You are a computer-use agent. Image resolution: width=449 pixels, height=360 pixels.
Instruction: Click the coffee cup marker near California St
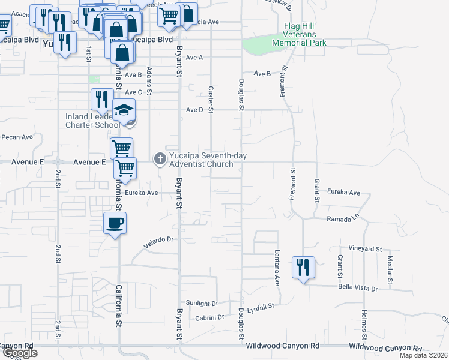[x=115, y=224]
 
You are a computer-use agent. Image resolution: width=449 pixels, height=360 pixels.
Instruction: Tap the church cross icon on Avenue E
[x=160, y=158]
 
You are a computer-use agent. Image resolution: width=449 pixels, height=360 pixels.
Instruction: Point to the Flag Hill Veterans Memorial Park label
[x=299, y=35]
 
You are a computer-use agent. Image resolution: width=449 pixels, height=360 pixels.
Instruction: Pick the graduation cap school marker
[x=125, y=110]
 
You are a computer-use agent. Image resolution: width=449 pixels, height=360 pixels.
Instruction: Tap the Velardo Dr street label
[x=158, y=241]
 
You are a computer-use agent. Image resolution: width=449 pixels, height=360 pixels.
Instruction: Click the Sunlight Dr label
[x=202, y=303]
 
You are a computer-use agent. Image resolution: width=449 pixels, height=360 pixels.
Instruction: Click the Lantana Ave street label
[x=278, y=268]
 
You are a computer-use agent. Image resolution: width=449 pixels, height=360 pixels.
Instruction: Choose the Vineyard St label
[x=365, y=248]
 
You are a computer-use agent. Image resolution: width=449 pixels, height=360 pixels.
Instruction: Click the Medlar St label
[x=390, y=269]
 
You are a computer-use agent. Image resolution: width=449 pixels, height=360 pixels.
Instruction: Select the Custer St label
[x=211, y=99]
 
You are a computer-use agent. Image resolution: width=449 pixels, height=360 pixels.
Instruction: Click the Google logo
[x=19, y=353]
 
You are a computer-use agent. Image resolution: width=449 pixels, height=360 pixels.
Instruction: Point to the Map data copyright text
[x=423, y=355]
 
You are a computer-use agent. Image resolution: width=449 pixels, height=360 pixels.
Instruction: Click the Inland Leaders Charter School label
[x=92, y=121]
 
